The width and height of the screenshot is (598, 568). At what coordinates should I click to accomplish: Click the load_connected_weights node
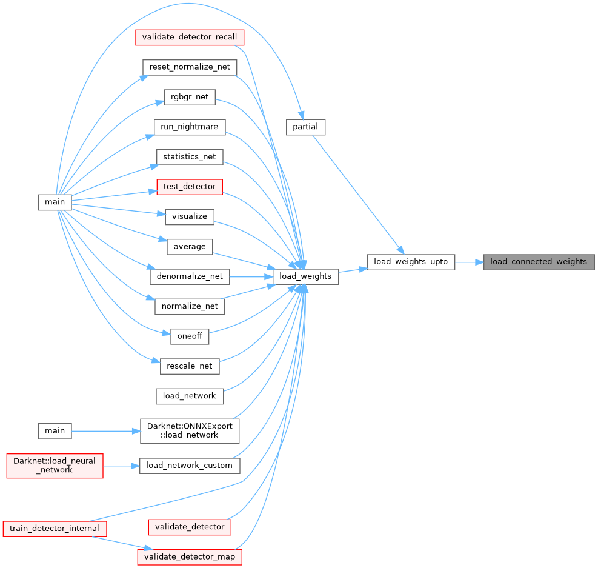tap(539, 262)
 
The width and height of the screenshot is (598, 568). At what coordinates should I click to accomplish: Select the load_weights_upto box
tap(411, 262)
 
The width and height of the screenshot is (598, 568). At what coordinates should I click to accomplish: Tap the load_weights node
tap(305, 276)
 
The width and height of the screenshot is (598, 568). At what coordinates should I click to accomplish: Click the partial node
tap(305, 127)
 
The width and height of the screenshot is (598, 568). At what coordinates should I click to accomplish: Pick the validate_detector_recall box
tap(190, 37)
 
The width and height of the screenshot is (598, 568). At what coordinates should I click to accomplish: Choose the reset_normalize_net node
tap(189, 67)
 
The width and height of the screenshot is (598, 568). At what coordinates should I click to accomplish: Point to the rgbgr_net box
tap(190, 96)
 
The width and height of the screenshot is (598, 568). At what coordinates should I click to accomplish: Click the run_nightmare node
tap(190, 127)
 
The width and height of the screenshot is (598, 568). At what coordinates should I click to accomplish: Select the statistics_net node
tap(190, 156)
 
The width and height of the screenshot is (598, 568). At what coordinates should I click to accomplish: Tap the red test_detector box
tap(190, 187)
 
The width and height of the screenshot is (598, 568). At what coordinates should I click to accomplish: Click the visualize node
tap(190, 216)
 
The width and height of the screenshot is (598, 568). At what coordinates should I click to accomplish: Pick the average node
tap(190, 246)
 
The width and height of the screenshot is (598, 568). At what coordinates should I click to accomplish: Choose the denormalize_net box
tap(190, 276)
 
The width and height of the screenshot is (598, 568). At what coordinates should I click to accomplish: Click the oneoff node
tap(190, 336)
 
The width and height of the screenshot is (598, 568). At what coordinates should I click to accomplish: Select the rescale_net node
tap(190, 366)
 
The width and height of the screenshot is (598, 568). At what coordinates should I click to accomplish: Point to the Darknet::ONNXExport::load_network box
tap(190, 430)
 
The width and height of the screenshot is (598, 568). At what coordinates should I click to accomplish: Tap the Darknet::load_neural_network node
tap(55, 466)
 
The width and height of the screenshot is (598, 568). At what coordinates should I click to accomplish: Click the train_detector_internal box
tap(55, 528)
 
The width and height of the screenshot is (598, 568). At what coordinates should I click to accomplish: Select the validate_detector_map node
tap(190, 556)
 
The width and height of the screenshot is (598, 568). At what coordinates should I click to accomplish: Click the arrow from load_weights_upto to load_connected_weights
tap(469, 262)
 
